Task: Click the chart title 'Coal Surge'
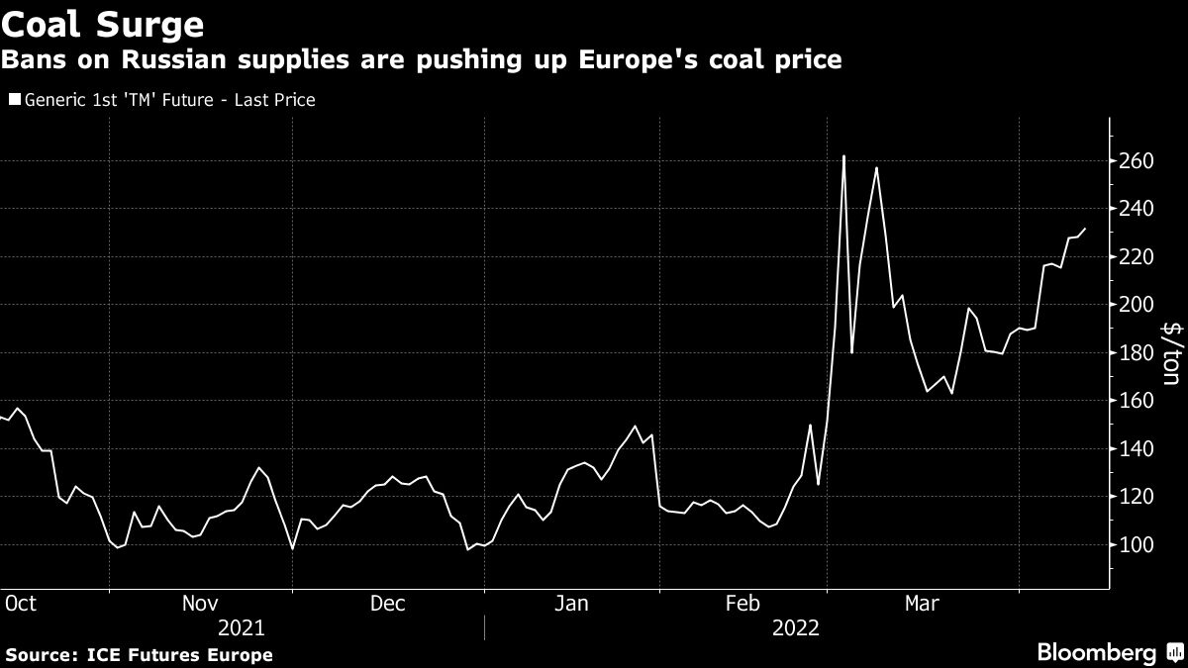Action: pyautogui.click(x=103, y=23)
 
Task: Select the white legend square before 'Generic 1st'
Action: pyautogui.click(x=13, y=100)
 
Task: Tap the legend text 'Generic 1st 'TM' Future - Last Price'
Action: pyautogui.click(x=169, y=100)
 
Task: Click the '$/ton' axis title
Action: pyautogui.click(x=1171, y=352)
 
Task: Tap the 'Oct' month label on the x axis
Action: pyautogui.click(x=21, y=603)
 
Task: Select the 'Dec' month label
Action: pyautogui.click(x=387, y=603)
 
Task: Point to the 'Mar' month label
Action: pyautogui.click(x=923, y=603)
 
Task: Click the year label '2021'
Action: pyautogui.click(x=241, y=627)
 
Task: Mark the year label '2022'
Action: pyautogui.click(x=797, y=627)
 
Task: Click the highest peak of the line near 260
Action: pyautogui.click(x=843, y=156)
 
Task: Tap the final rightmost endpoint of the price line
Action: pyautogui.click(x=1085, y=229)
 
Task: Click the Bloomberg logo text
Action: pyautogui.click(x=1096, y=652)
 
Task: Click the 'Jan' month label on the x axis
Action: pyautogui.click(x=573, y=603)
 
